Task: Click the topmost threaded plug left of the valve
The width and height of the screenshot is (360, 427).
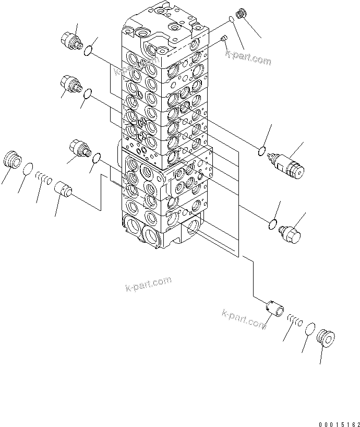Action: (x=71, y=39)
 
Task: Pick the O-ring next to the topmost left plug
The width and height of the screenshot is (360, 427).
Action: (x=90, y=50)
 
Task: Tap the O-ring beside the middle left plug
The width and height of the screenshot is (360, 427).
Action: (x=88, y=93)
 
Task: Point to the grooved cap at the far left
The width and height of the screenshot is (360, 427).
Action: (x=11, y=159)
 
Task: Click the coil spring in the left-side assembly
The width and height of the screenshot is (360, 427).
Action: (x=43, y=179)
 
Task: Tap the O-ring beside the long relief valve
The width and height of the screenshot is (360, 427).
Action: (x=262, y=152)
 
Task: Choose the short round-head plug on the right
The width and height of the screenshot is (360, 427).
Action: (x=291, y=233)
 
